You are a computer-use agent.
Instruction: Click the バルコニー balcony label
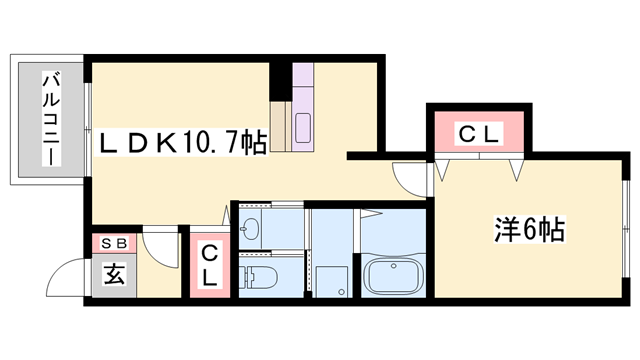[x=49, y=119]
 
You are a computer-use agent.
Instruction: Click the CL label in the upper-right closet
[x=479, y=132]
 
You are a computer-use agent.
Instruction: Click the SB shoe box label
[x=112, y=243]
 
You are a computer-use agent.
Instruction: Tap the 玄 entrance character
[x=113, y=273]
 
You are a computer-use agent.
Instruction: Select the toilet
[x=263, y=277]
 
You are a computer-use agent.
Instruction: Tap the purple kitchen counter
[x=305, y=110]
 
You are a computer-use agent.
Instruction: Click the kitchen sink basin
[x=303, y=128]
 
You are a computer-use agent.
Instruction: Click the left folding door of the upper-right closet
[x=443, y=168]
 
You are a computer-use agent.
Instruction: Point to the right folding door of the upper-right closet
[x=517, y=168]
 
